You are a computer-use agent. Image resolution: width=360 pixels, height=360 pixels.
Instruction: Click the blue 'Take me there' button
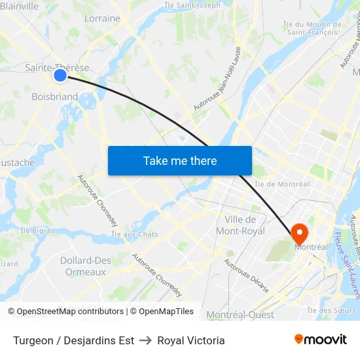click(x=180, y=160)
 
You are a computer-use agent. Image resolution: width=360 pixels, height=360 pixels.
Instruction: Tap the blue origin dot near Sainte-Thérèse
click(x=60, y=75)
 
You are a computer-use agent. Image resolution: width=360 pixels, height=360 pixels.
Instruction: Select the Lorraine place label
click(x=103, y=18)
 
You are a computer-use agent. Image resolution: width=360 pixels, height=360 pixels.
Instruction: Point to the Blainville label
click(x=20, y=6)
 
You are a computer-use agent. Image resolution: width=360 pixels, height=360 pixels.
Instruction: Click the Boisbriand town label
click(x=54, y=97)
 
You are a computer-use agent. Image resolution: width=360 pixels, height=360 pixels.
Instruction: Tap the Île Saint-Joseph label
click(x=193, y=6)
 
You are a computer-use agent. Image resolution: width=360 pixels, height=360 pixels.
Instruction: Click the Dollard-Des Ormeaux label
click(x=86, y=266)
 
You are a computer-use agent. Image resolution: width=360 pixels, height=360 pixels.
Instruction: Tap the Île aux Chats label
click(x=135, y=234)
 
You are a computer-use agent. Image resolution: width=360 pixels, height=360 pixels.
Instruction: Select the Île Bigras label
click(x=37, y=230)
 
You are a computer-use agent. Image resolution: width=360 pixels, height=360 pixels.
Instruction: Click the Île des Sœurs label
click(x=331, y=310)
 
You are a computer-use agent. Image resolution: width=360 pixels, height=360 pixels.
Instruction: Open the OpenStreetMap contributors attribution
click(x=69, y=312)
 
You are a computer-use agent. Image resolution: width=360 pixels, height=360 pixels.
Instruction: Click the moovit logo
click(x=320, y=339)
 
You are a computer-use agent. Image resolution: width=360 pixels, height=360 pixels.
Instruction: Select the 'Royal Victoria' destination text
click(x=191, y=340)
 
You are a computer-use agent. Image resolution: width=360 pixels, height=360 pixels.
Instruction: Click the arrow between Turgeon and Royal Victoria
click(x=146, y=340)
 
